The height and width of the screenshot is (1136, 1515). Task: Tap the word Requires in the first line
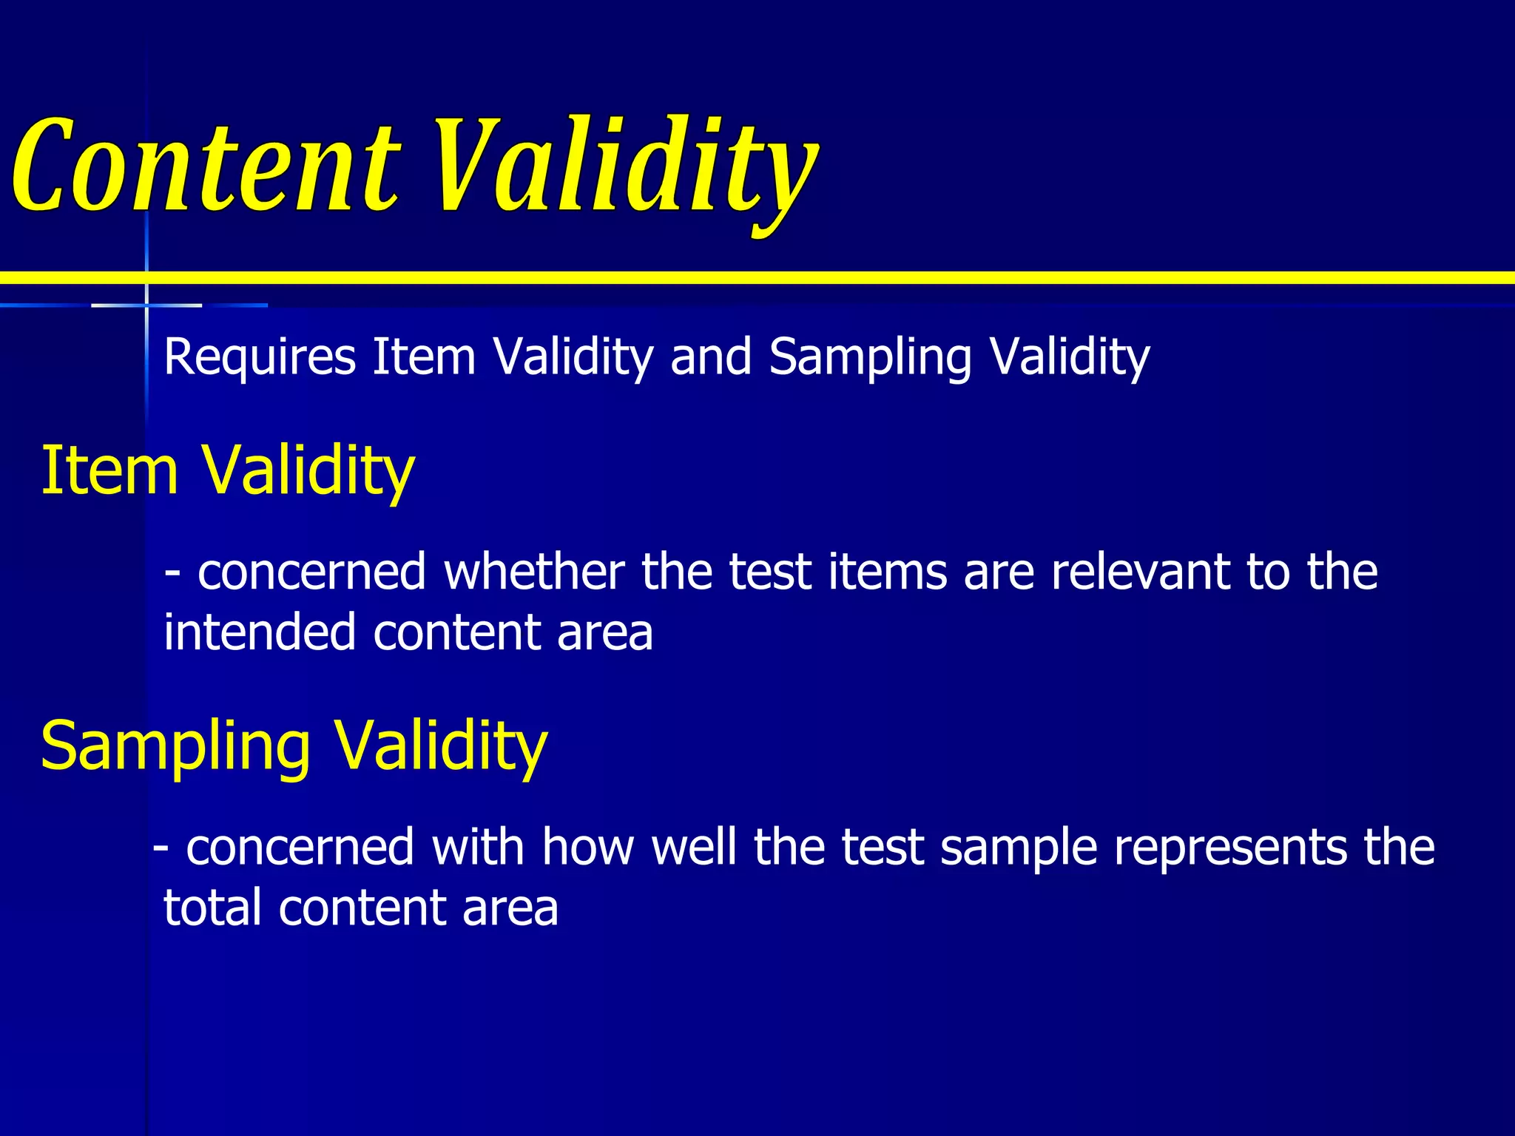click(260, 358)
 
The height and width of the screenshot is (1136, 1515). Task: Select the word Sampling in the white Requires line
click(870, 358)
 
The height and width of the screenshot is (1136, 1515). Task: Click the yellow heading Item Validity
click(227, 470)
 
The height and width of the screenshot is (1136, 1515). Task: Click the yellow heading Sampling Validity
click(294, 745)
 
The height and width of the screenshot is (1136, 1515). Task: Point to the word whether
click(533, 572)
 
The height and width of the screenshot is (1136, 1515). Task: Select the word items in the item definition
click(888, 572)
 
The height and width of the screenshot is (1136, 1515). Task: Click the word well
click(694, 848)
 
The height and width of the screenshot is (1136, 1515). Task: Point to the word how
click(588, 848)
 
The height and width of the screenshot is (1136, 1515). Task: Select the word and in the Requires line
click(711, 358)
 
